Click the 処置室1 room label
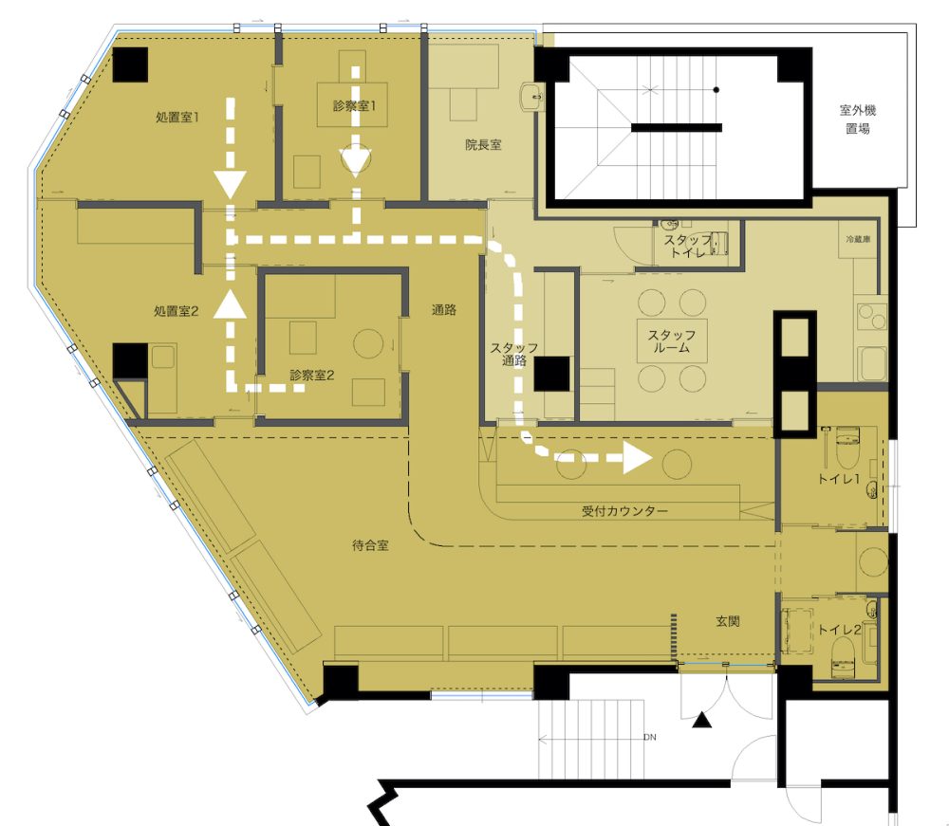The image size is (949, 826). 177,118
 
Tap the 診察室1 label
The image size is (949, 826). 355,106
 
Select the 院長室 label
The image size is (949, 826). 483,145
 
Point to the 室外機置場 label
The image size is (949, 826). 858,119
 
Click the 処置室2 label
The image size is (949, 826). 177,311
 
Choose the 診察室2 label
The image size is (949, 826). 312,375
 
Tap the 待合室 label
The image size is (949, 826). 370,545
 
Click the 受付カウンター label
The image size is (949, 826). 624,511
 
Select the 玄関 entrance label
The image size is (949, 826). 728,621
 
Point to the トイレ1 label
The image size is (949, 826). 839,479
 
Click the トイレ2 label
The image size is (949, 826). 839,630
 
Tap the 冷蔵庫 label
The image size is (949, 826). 858,240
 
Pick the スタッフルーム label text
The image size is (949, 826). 672,341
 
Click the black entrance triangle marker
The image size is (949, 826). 701,720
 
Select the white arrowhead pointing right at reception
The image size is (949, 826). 638,458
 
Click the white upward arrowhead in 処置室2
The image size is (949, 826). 230,303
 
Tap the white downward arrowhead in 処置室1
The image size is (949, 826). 230,185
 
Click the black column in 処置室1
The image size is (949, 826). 130,64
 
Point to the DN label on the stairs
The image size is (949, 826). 650,737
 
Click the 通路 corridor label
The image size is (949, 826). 443,310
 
